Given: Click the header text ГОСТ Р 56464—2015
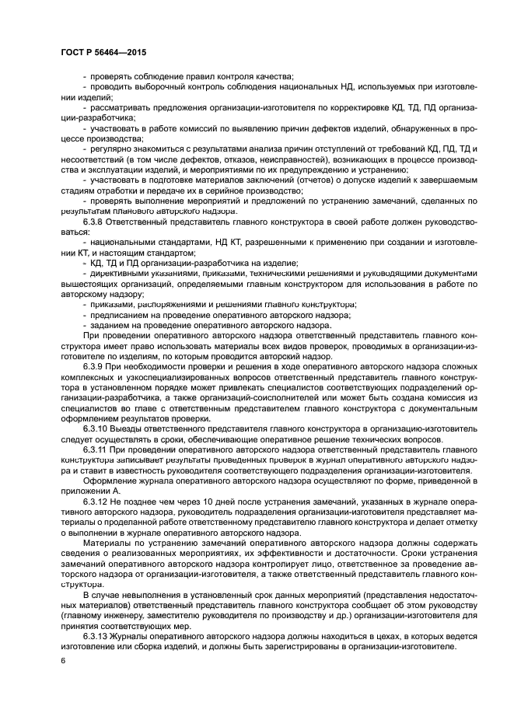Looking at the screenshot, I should [103, 51].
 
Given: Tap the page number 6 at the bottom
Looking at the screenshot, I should [62, 660].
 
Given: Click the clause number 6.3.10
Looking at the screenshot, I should [96, 429].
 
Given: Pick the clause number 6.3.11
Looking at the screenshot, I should [96, 449].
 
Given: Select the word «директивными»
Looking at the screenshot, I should [117, 272].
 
